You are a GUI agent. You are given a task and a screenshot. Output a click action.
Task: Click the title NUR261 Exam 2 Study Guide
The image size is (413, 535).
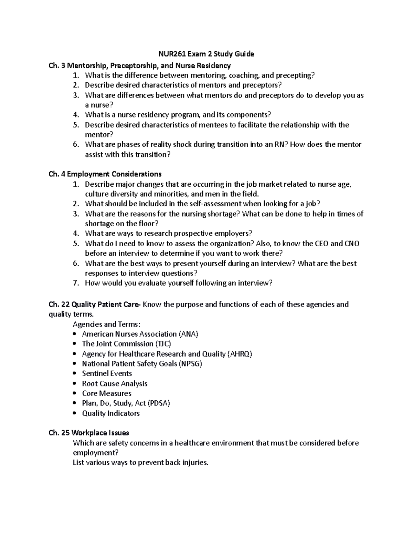pos(206,54)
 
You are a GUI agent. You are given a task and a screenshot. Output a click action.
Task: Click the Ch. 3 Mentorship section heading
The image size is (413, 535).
pos(140,65)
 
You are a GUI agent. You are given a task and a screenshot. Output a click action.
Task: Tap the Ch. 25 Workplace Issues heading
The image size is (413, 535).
pos(89,433)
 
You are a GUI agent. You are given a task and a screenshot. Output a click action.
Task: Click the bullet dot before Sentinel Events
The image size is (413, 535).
pos(75,374)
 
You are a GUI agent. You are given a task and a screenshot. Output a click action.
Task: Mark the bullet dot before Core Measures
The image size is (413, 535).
pos(75,393)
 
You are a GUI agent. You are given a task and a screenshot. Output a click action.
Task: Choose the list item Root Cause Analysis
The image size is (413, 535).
pos(115,383)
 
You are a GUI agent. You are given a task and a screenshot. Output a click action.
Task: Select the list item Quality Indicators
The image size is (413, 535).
pos(111,413)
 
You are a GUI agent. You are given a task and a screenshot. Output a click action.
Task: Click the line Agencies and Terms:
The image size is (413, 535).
pos(107,324)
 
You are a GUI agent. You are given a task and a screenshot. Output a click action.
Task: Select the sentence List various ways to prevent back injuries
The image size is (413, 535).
pos(141,462)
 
